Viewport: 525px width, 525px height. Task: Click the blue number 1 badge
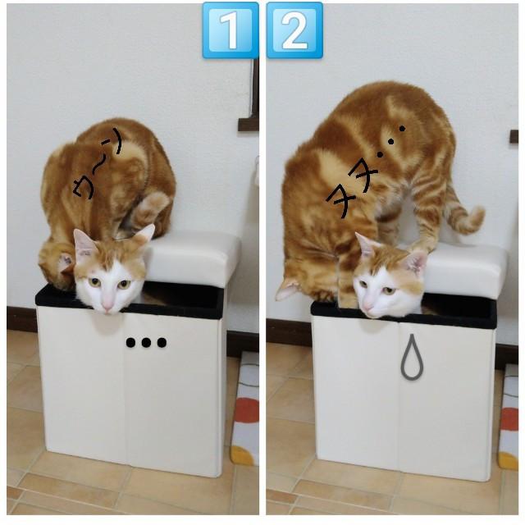coord(231,30)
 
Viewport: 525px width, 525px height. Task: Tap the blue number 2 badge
coord(294,30)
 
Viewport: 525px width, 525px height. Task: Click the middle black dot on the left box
coord(146,343)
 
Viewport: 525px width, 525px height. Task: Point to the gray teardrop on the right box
coord(412,358)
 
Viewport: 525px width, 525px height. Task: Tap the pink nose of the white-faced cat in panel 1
coord(107,305)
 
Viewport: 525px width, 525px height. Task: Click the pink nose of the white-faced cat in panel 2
coord(367,306)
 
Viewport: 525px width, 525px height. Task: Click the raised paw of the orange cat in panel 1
coord(153,206)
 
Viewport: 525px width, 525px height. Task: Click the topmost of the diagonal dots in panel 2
coord(402,128)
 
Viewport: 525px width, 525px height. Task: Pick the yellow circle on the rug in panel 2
coord(509,460)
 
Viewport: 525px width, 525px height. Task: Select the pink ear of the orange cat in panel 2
coord(287,290)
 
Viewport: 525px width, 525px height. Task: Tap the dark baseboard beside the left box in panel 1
coord(21,319)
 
